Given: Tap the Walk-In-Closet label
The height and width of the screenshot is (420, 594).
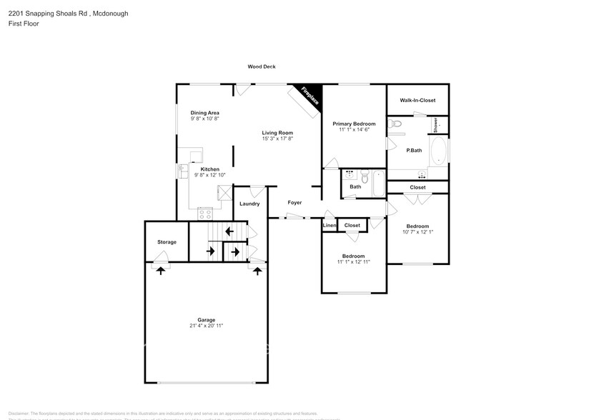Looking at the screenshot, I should [x=417, y=101].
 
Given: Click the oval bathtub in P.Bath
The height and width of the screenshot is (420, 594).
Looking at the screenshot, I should [x=438, y=151].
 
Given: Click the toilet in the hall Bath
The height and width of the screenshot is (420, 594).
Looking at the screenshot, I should [x=365, y=176].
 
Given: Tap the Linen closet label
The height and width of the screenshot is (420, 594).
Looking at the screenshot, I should [x=329, y=226].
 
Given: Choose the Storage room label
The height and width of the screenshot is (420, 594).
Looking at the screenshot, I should [x=167, y=242].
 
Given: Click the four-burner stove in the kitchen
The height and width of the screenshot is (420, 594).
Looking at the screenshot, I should [x=205, y=213].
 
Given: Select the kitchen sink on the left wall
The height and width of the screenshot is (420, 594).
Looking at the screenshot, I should [x=181, y=171].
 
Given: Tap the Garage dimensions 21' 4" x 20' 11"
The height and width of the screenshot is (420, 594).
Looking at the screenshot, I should [x=207, y=326].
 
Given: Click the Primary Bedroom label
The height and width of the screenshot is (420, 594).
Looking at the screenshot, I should [x=354, y=124].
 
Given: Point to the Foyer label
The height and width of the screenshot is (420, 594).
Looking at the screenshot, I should [x=294, y=203].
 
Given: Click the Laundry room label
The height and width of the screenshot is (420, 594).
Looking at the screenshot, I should [x=249, y=204].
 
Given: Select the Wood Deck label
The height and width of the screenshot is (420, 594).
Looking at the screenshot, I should [x=262, y=66].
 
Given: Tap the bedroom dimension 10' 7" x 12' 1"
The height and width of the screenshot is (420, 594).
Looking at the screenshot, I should [x=418, y=231].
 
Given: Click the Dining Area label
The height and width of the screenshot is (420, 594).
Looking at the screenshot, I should [x=204, y=113].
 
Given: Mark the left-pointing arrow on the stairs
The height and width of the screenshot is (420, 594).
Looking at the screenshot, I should [x=228, y=231].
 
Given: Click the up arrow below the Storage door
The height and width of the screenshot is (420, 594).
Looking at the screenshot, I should [x=161, y=269].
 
